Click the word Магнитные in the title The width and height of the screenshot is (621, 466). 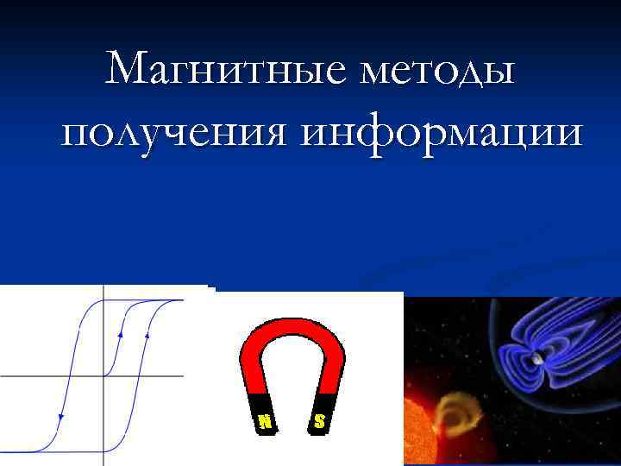219,68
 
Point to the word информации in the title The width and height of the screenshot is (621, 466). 443,134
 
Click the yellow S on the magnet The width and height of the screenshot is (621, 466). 319,421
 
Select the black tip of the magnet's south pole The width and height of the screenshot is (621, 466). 319,413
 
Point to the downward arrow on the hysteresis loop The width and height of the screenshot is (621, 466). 60,418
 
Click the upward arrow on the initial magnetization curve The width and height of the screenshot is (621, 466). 120,331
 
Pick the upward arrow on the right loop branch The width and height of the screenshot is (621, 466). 148,331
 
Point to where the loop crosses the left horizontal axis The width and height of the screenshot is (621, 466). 67,376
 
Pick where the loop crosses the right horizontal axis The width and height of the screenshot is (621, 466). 140,376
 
